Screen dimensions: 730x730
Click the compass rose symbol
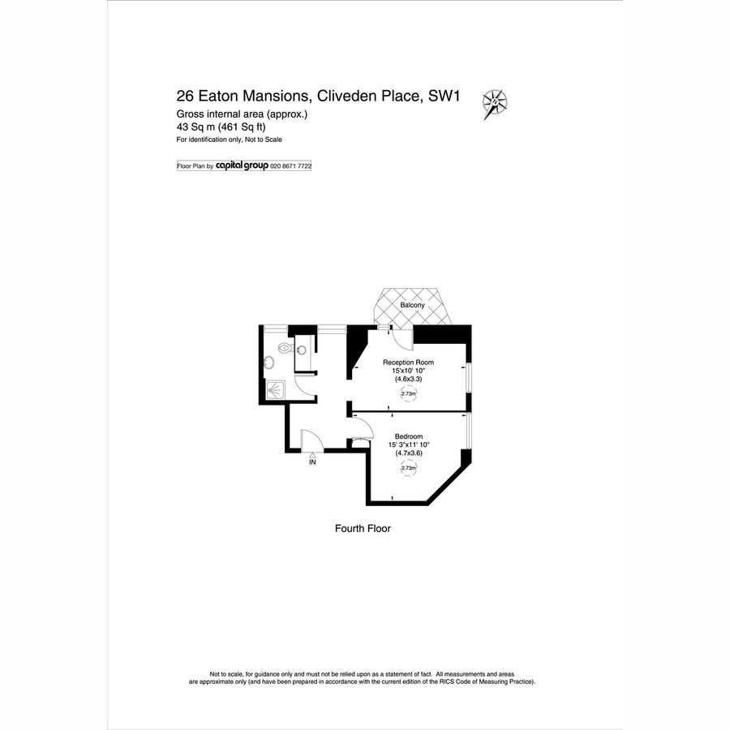pos(495,103)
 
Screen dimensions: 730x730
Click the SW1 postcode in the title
pos(444,96)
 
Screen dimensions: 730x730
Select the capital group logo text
pos(242,165)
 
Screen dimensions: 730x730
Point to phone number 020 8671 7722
pos(290,165)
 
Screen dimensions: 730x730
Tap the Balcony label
pos(412,306)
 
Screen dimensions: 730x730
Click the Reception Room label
pos(408,363)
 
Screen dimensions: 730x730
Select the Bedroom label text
pos(408,436)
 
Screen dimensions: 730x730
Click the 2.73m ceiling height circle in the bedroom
pos(408,468)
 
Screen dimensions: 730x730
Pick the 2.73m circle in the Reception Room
pos(408,394)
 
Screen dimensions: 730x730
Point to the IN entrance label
pos(312,462)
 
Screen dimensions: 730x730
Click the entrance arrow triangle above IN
pos(312,455)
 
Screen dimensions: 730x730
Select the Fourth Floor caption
pos(363,528)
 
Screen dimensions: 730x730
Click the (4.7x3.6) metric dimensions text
pos(408,453)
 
